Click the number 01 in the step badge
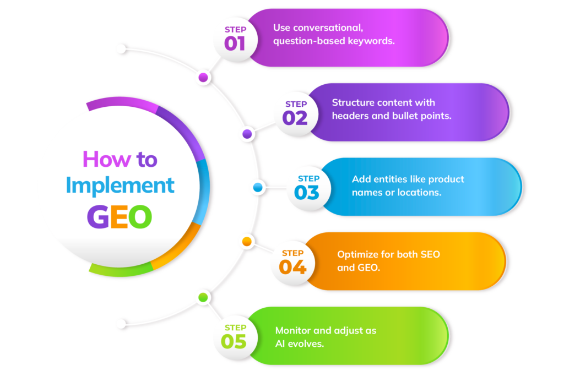[234, 43]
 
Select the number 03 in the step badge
[307, 192]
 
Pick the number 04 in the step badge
[292, 267]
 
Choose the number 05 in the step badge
[234, 341]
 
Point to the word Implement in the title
[120, 186]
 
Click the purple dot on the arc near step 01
[203, 78]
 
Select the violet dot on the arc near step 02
[247, 134]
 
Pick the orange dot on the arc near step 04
[246, 242]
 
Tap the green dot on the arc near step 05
[203, 298]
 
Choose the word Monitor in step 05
[294, 330]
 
